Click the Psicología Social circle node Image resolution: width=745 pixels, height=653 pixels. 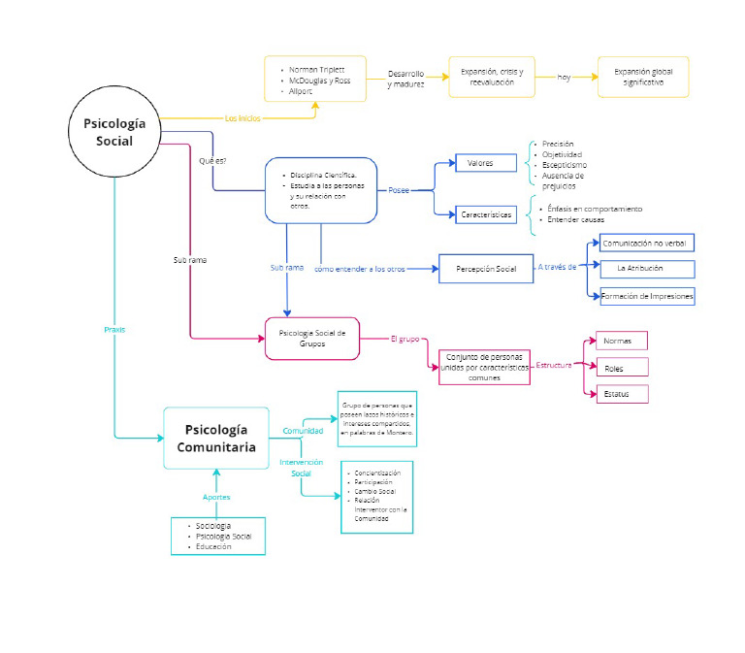click(114, 132)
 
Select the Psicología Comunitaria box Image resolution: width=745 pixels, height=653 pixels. click(216, 439)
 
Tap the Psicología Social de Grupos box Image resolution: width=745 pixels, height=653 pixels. click(311, 339)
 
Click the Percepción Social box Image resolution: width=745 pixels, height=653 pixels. click(486, 269)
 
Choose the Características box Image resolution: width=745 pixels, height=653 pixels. click(486, 214)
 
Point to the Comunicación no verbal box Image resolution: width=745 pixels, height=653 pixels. click(647, 243)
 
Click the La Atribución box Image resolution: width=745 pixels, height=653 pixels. click(647, 269)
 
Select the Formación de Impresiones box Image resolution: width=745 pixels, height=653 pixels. click(647, 297)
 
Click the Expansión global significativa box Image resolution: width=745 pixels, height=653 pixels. click(644, 77)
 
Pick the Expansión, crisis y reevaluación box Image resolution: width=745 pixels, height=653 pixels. click(492, 77)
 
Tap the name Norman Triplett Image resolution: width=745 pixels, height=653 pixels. click(316, 71)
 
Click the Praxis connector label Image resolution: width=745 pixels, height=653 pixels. click(114, 330)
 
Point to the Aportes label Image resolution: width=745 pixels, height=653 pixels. click(216, 497)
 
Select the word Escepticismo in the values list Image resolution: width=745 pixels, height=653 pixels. click(564, 165)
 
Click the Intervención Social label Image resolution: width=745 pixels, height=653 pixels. click(301, 468)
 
